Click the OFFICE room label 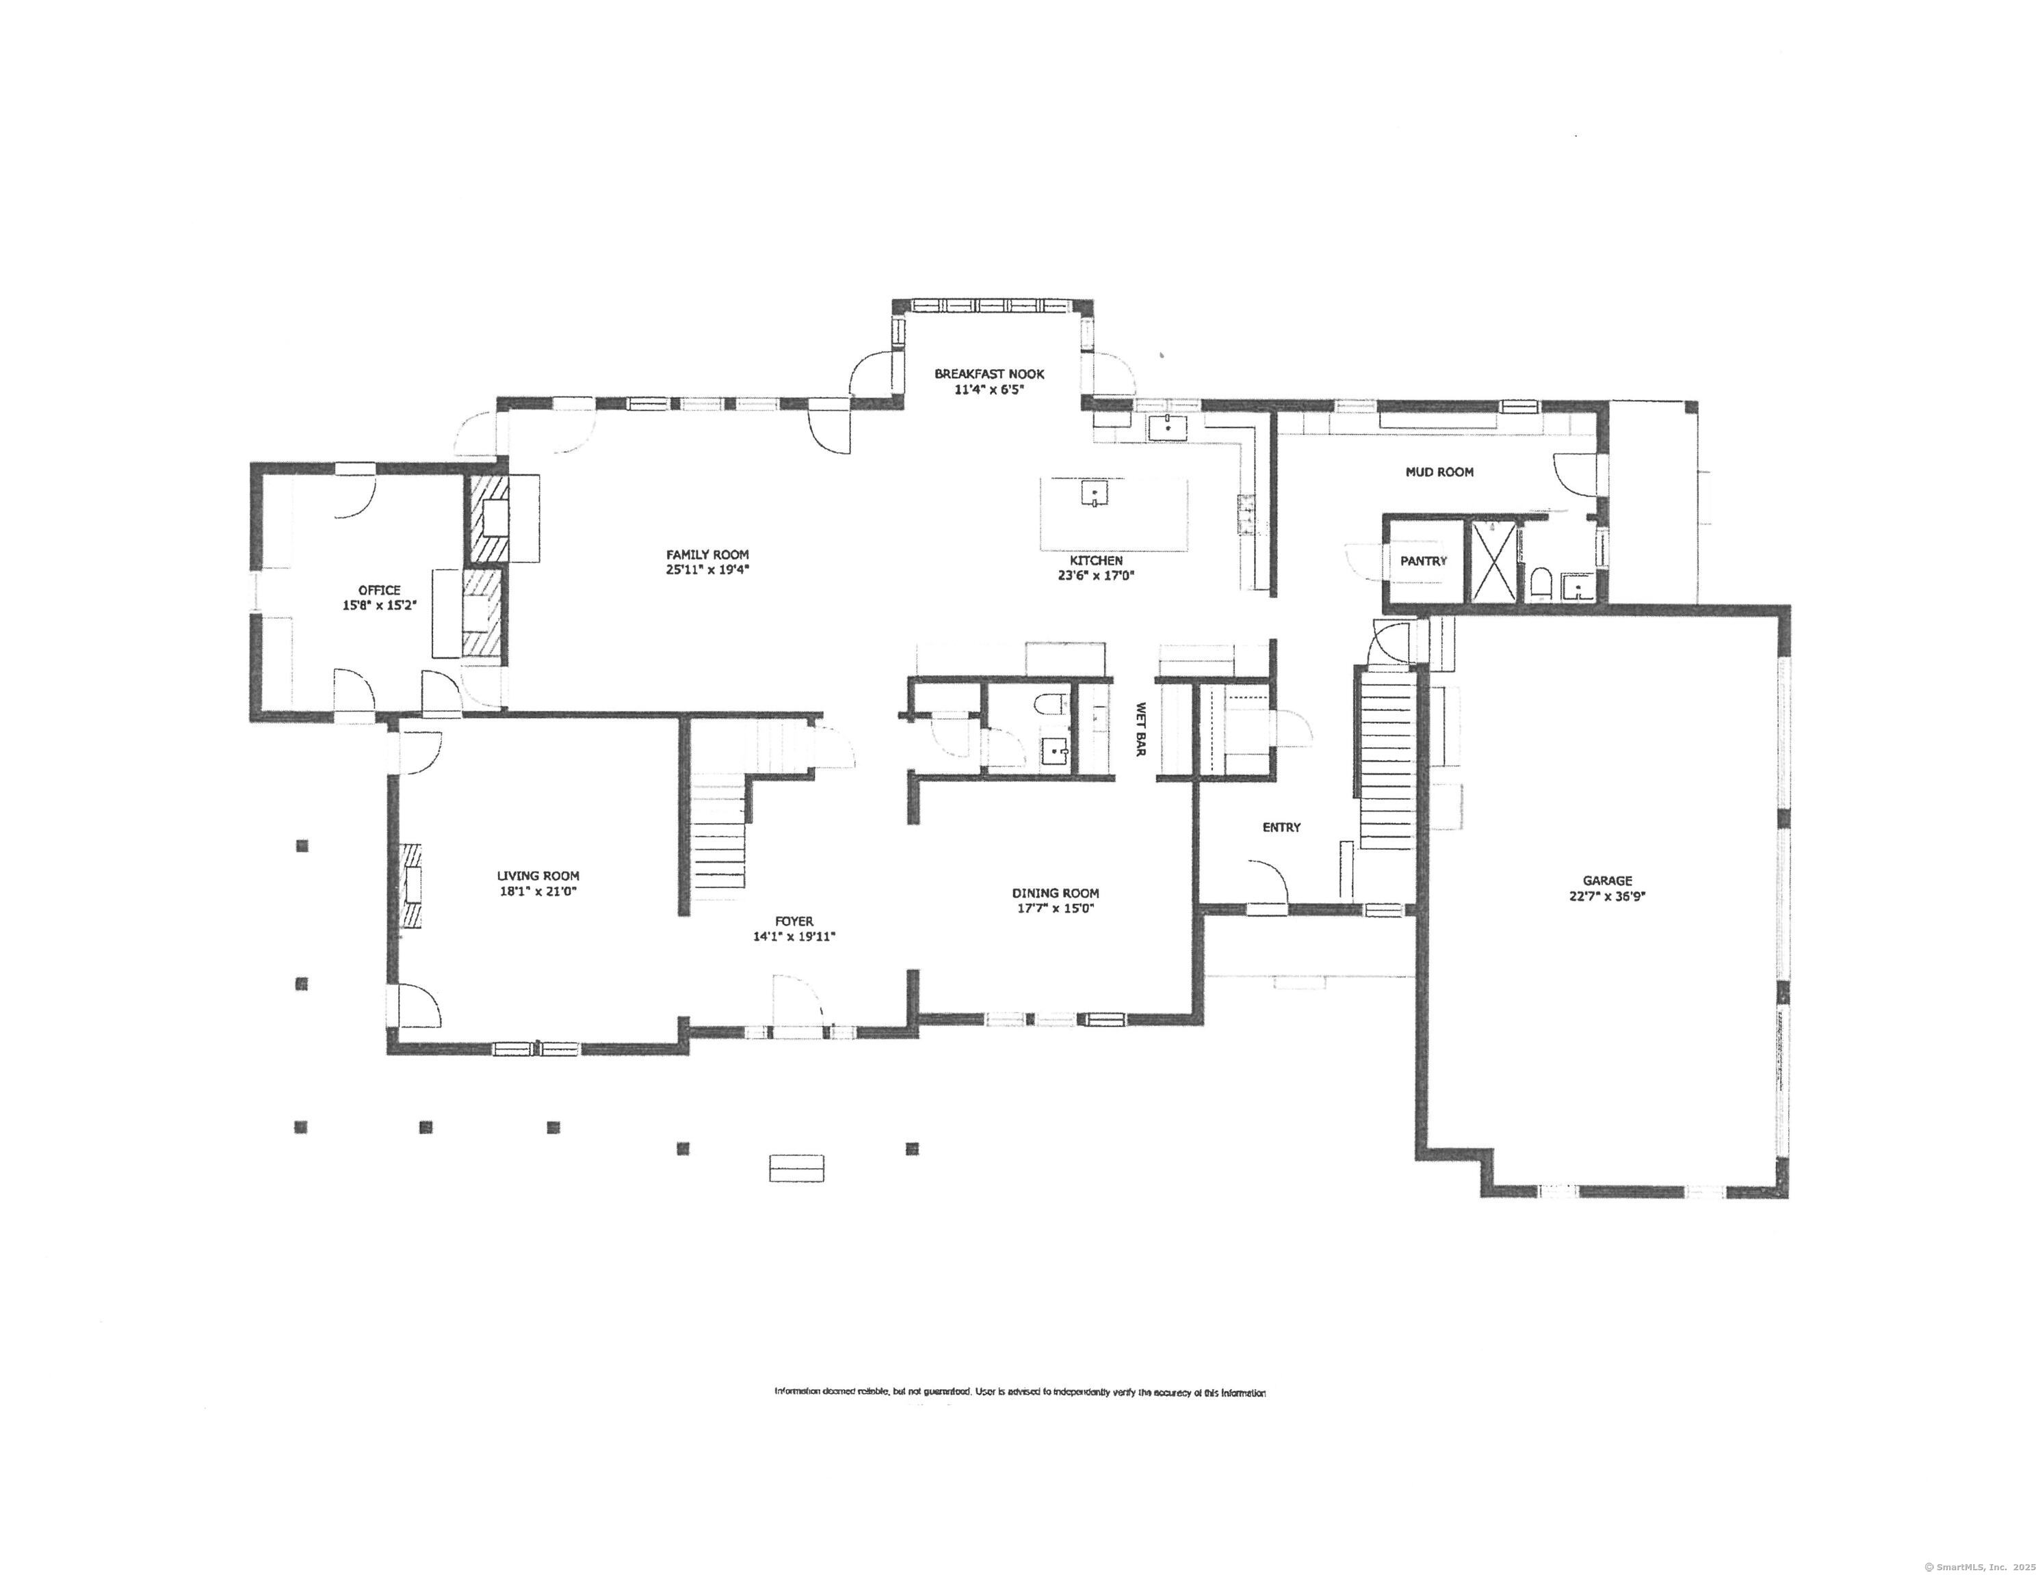tap(379, 590)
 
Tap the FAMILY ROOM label tap(707, 554)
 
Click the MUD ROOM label tap(1439, 472)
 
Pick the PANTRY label tap(1422, 561)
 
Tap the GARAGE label tap(1606, 880)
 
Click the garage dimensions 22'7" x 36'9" tap(1606, 896)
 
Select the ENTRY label tap(1281, 827)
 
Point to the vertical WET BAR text tap(1140, 729)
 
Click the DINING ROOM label tap(1056, 893)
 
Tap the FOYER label tap(794, 921)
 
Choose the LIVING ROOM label tap(538, 876)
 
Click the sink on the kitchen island tap(1095, 492)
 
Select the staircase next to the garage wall tap(1386, 756)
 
